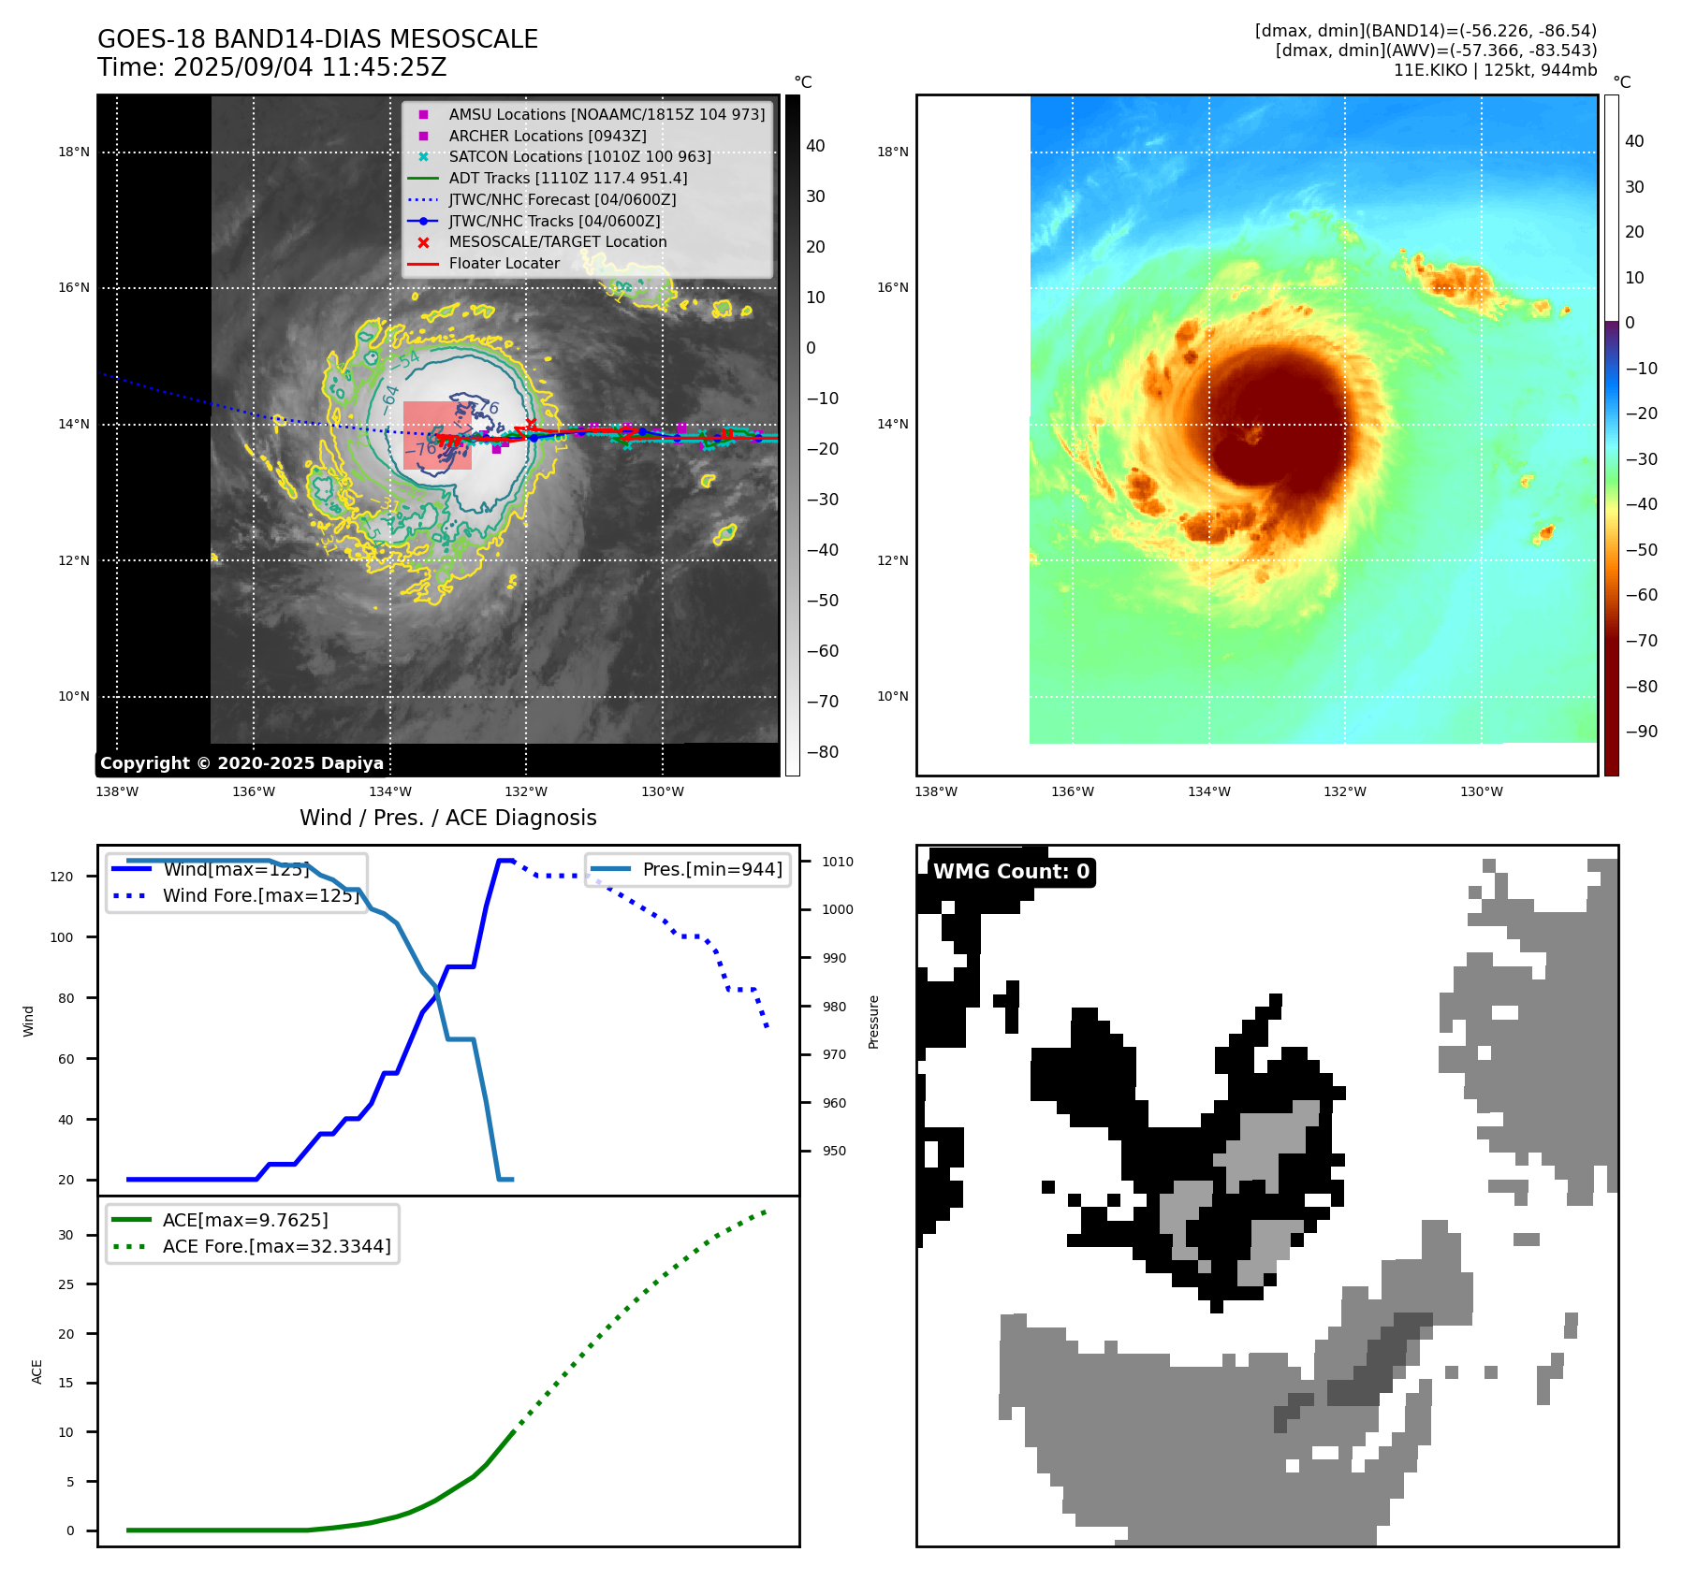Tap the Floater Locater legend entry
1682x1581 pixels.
(x=504, y=264)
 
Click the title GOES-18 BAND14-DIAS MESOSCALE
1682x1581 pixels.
(x=317, y=39)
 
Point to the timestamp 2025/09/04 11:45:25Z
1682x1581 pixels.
(x=310, y=68)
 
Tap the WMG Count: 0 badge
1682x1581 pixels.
(x=1011, y=872)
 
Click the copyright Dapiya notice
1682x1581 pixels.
(x=241, y=763)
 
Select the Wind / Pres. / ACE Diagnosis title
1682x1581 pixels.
(x=447, y=818)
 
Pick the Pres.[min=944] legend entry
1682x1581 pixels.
(x=711, y=869)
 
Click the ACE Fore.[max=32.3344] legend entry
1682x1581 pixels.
(x=276, y=1246)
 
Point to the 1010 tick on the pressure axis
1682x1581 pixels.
(x=838, y=862)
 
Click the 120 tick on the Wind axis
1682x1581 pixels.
(x=62, y=877)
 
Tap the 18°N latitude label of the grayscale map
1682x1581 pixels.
(x=74, y=152)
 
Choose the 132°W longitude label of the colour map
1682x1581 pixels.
(x=1344, y=791)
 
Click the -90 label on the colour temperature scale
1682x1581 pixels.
(x=1641, y=732)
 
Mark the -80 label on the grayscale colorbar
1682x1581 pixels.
(x=823, y=752)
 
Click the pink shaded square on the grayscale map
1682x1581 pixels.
(x=437, y=435)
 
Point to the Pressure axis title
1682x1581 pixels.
(x=874, y=1022)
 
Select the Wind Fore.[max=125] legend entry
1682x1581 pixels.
(x=260, y=895)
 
